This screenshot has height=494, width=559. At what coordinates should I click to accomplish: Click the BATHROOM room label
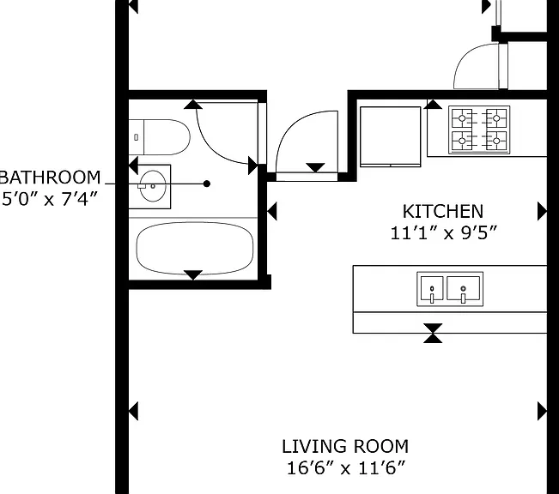[51, 178]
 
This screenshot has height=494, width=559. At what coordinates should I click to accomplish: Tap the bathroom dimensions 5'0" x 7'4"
[50, 199]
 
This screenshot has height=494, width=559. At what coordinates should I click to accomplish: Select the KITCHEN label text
[443, 212]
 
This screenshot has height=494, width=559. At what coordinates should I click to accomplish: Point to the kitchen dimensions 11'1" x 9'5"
[443, 233]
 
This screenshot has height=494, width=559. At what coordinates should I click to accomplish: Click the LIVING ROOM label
[345, 446]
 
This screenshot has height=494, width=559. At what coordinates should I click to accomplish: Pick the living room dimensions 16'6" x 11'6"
[346, 468]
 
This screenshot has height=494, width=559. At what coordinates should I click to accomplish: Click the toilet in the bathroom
[160, 137]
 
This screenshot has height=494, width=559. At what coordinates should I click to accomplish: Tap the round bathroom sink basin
[153, 186]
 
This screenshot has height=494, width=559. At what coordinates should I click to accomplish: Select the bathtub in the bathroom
[195, 249]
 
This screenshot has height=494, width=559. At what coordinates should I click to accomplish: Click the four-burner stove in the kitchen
[479, 130]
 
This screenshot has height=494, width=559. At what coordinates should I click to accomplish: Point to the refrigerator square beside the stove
[391, 136]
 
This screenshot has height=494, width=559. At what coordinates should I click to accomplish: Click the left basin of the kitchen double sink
[432, 289]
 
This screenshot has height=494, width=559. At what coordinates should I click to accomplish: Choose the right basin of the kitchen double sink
[463, 289]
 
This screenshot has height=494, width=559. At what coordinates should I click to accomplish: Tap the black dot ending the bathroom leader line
[207, 184]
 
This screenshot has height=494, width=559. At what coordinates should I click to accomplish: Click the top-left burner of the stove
[462, 118]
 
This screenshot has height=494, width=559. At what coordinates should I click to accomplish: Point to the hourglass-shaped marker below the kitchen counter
[433, 334]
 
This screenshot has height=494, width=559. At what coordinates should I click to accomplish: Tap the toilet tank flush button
[136, 137]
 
